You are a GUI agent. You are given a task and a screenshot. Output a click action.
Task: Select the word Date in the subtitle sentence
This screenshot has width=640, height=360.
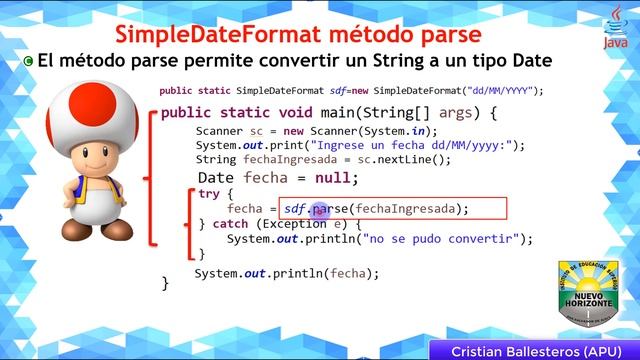tap(527, 60)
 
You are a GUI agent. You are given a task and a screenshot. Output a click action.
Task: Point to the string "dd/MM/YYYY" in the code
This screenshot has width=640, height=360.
tap(506, 91)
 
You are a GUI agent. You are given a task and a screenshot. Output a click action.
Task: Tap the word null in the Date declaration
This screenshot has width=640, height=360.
tap(336, 178)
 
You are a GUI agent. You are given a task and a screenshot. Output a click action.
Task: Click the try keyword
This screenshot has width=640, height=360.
tap(209, 194)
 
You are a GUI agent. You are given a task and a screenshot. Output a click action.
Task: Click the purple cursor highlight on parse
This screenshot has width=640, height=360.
tap(320, 209)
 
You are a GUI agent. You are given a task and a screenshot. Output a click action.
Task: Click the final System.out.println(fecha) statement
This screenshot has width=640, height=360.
tap(287, 273)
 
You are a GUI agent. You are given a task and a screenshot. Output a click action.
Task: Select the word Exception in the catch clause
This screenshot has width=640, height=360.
tap(290, 224)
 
